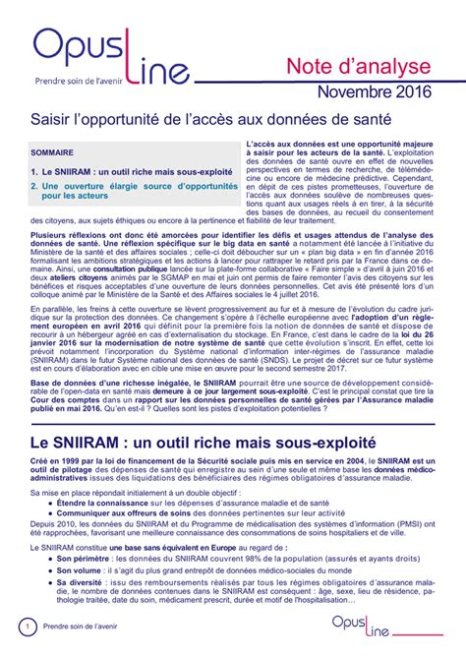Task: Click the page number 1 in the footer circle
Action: (29, 627)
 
